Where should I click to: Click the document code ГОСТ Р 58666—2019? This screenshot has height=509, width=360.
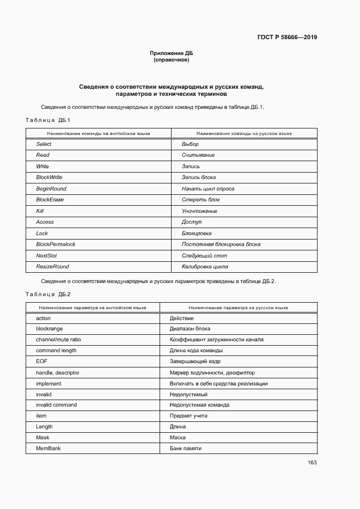pos(287,38)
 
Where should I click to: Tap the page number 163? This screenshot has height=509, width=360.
pos(312,463)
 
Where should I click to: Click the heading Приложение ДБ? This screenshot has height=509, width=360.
pos(172,53)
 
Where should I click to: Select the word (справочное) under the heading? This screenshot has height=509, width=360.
pos(172,60)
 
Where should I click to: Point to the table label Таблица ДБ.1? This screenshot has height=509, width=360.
pos(48,120)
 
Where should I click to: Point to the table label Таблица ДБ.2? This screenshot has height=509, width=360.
pos(48,294)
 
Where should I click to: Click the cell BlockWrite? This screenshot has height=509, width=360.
pos(49,177)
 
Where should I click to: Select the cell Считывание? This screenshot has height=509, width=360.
pos(198,155)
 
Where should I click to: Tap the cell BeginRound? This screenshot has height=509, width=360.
pos(51,189)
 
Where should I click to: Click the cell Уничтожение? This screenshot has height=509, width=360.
pos(199,211)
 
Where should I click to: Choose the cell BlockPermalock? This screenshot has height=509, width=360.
pos(56,244)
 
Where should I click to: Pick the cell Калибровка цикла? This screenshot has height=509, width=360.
pos(205,267)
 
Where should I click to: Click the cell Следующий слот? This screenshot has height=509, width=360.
pos(204,256)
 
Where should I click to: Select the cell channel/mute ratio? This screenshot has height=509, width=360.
pos(58,340)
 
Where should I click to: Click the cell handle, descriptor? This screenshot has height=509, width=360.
pos(58,373)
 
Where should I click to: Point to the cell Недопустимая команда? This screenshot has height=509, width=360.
pos(199,405)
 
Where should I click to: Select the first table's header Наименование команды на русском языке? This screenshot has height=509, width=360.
pos(244,133)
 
